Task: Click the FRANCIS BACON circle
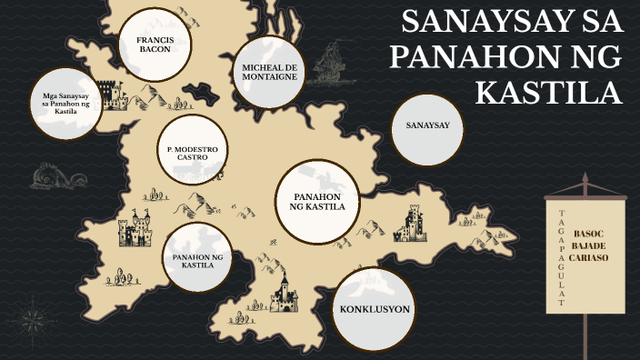155,44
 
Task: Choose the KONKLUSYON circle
375,310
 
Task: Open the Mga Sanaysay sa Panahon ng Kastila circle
64,105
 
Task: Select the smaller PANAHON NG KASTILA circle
197,262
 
